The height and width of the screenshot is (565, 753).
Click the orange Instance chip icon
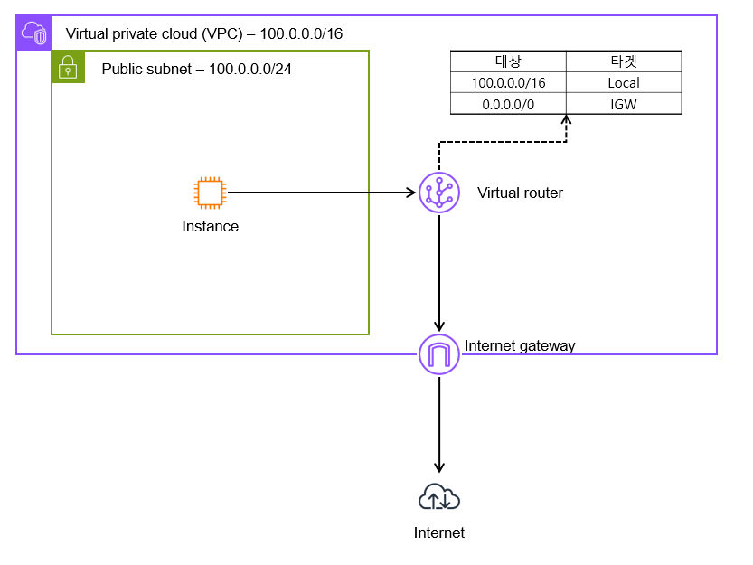click(x=210, y=193)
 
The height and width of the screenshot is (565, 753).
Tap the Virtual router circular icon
click(x=439, y=193)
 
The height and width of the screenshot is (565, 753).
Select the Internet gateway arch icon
click(x=439, y=354)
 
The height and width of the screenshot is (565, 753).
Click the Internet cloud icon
click(x=439, y=497)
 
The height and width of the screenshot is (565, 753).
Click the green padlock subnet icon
click(x=68, y=67)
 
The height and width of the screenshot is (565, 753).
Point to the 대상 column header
click(x=508, y=61)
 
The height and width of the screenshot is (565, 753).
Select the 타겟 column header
click(x=624, y=61)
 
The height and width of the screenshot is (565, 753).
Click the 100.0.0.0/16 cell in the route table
click(x=508, y=82)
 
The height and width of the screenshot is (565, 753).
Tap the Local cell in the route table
click(x=624, y=82)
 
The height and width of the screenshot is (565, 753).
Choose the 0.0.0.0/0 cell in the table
click(x=508, y=104)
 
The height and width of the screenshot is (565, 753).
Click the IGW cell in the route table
click(x=624, y=104)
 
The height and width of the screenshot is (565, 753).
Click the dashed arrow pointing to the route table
click(x=503, y=142)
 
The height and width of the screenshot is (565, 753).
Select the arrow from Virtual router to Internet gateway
click(x=439, y=271)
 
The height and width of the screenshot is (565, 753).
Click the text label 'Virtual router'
click(x=520, y=193)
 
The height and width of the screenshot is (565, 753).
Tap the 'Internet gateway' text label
click(x=520, y=345)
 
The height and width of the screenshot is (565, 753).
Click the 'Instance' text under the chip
click(x=210, y=226)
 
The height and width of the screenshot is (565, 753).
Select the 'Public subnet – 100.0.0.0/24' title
click(x=196, y=69)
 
